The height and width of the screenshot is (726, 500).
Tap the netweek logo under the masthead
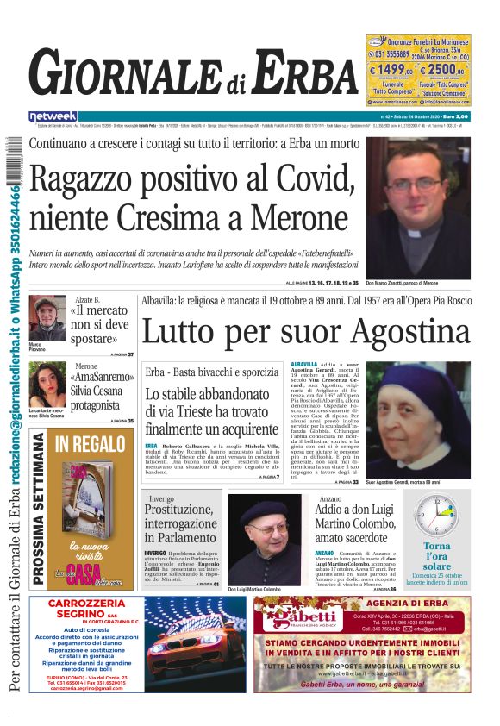click(x=53, y=116)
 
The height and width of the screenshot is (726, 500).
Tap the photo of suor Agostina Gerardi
click(x=417, y=418)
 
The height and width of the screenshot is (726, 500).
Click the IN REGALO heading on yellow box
click(x=91, y=444)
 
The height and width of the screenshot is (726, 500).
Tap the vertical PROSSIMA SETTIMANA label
click(x=38, y=509)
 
